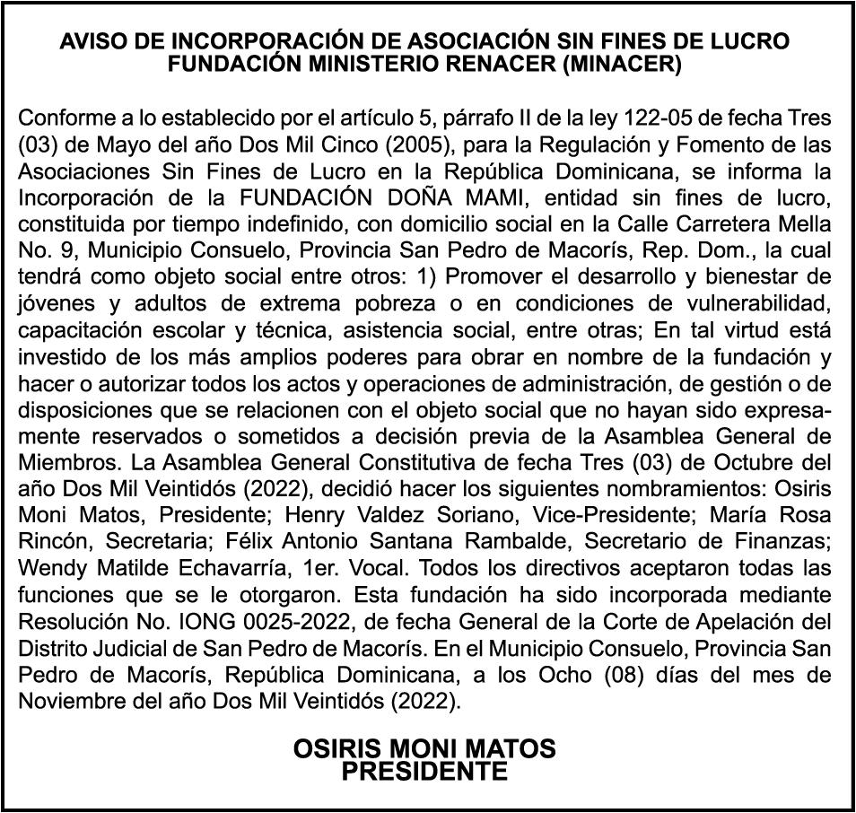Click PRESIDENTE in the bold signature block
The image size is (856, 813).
(424, 771)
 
